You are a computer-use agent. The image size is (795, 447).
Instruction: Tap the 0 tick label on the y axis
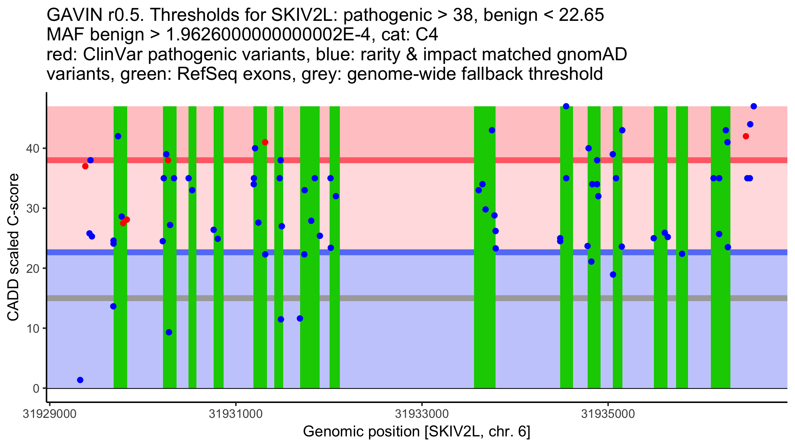(36, 388)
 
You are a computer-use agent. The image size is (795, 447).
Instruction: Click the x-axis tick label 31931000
(236, 414)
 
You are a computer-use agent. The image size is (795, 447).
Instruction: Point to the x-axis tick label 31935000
(608, 414)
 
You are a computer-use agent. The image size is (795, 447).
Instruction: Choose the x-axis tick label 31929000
(49, 414)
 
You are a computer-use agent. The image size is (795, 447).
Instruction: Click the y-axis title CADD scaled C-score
(13, 247)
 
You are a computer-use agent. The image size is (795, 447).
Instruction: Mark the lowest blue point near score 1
(80, 380)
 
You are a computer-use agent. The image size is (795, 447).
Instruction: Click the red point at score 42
(746, 136)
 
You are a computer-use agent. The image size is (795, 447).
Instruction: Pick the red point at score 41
(265, 142)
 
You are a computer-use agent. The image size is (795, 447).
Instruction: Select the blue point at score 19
(613, 274)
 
